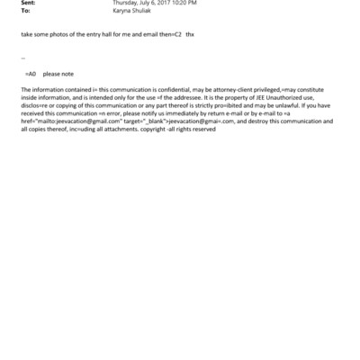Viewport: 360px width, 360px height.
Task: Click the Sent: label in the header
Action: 27,4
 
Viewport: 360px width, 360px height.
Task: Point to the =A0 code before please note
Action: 31,74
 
